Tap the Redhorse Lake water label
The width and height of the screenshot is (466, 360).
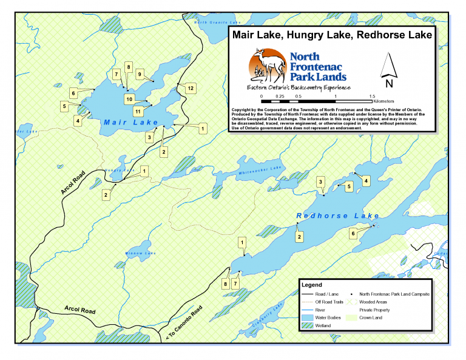326,216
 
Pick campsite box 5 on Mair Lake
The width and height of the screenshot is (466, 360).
64,106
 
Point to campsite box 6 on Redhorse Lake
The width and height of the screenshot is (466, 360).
353,233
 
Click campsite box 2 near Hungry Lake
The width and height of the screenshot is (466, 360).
106,195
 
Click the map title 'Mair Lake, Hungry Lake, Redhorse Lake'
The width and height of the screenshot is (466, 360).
332,35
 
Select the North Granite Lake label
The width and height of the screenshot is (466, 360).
213,22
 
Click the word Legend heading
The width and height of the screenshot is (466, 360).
312,284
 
